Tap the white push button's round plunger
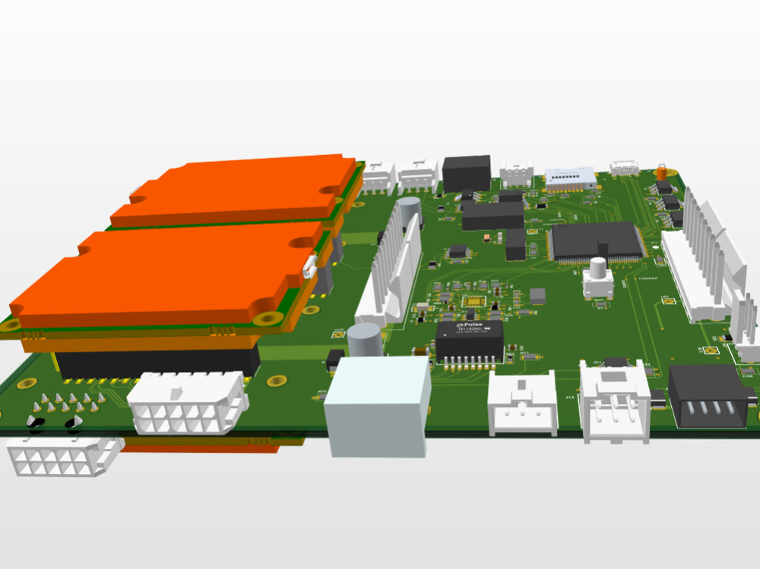click(x=599, y=267)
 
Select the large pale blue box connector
click(x=377, y=406)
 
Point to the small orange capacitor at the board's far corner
click(x=662, y=170)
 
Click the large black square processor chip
click(x=596, y=241)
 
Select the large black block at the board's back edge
click(x=467, y=172)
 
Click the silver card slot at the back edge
click(x=571, y=179)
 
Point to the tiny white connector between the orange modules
click(x=309, y=267)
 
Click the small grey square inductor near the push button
click(x=537, y=296)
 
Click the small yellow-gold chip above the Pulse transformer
click(x=471, y=302)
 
